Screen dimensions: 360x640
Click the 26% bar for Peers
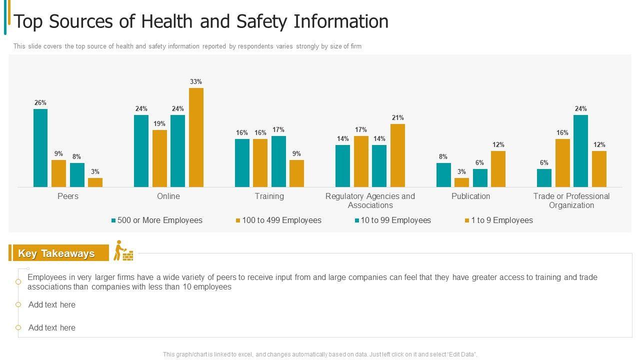click(40, 148)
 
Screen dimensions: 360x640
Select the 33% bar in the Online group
click(196, 137)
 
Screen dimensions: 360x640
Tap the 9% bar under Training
click(296, 173)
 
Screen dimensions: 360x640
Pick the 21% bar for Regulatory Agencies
click(397, 155)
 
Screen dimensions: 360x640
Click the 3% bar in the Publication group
click(461, 182)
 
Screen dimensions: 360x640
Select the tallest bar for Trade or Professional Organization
click(580, 151)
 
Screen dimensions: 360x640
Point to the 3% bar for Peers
click(95, 182)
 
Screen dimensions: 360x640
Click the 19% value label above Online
click(159, 123)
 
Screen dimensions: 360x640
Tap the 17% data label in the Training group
click(278, 129)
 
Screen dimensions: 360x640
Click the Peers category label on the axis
click(68, 196)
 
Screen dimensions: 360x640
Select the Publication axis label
click(470, 196)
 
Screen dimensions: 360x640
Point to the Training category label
click(269, 196)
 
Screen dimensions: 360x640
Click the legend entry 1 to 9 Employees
click(501, 220)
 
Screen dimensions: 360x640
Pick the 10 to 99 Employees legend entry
click(395, 220)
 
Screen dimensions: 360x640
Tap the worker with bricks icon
click(123, 251)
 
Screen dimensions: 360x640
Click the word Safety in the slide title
click(260, 21)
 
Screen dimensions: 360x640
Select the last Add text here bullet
click(52, 328)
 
